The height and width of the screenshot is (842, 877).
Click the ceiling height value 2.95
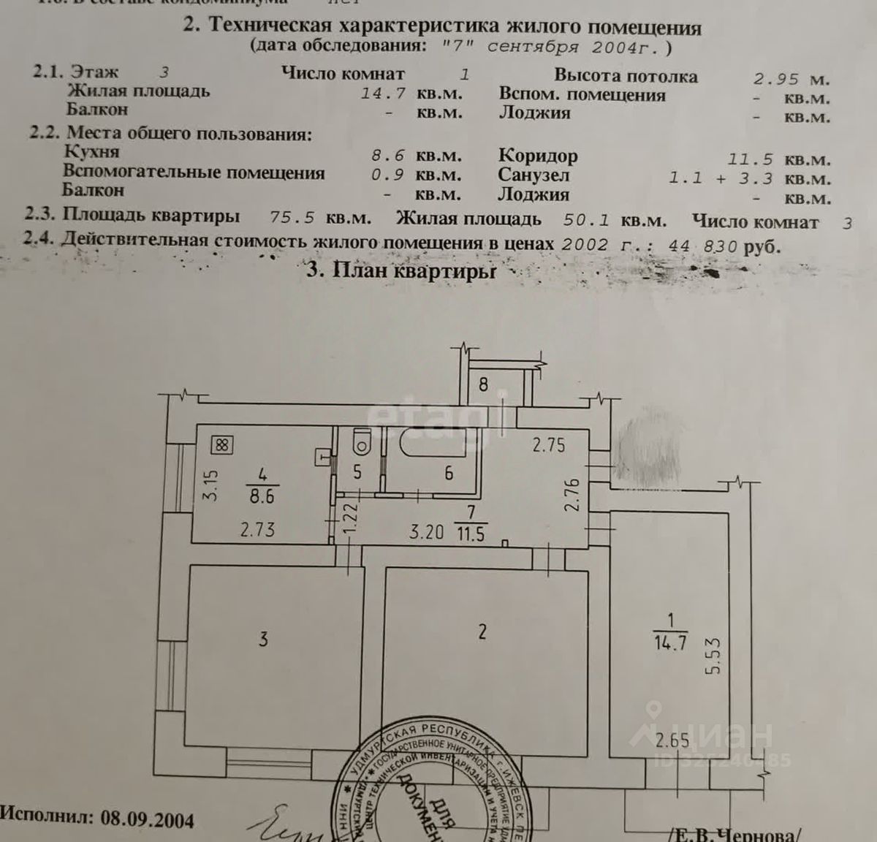tap(776, 79)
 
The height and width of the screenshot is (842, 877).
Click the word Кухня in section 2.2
tap(91, 152)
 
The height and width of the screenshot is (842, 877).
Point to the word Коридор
tap(538, 156)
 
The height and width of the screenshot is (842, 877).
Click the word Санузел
tap(534, 175)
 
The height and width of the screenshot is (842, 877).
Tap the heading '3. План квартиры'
tap(401, 270)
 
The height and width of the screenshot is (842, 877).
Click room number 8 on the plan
tap(483, 383)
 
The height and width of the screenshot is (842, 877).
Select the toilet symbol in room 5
tap(360, 441)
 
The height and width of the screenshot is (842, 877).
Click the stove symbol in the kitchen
tap(223, 444)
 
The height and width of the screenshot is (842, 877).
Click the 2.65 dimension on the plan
tap(672, 740)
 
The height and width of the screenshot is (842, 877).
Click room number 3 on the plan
tap(263, 639)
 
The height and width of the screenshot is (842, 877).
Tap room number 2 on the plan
tap(482, 631)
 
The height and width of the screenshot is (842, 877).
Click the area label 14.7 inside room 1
tap(670, 644)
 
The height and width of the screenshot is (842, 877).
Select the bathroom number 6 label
tap(448, 473)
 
